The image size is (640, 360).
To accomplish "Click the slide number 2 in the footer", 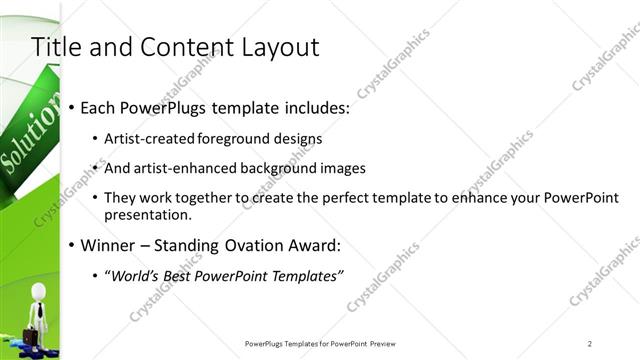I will [x=590, y=344].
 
